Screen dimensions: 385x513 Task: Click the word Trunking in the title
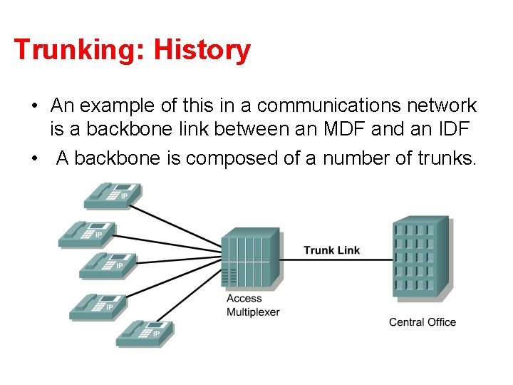(x=70, y=51)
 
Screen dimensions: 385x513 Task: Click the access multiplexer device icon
(x=249, y=260)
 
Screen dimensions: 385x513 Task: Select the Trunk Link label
(x=331, y=250)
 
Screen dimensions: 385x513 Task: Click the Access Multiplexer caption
(x=253, y=305)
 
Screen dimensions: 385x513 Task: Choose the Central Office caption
(x=422, y=322)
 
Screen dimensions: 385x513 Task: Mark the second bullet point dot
(x=34, y=158)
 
